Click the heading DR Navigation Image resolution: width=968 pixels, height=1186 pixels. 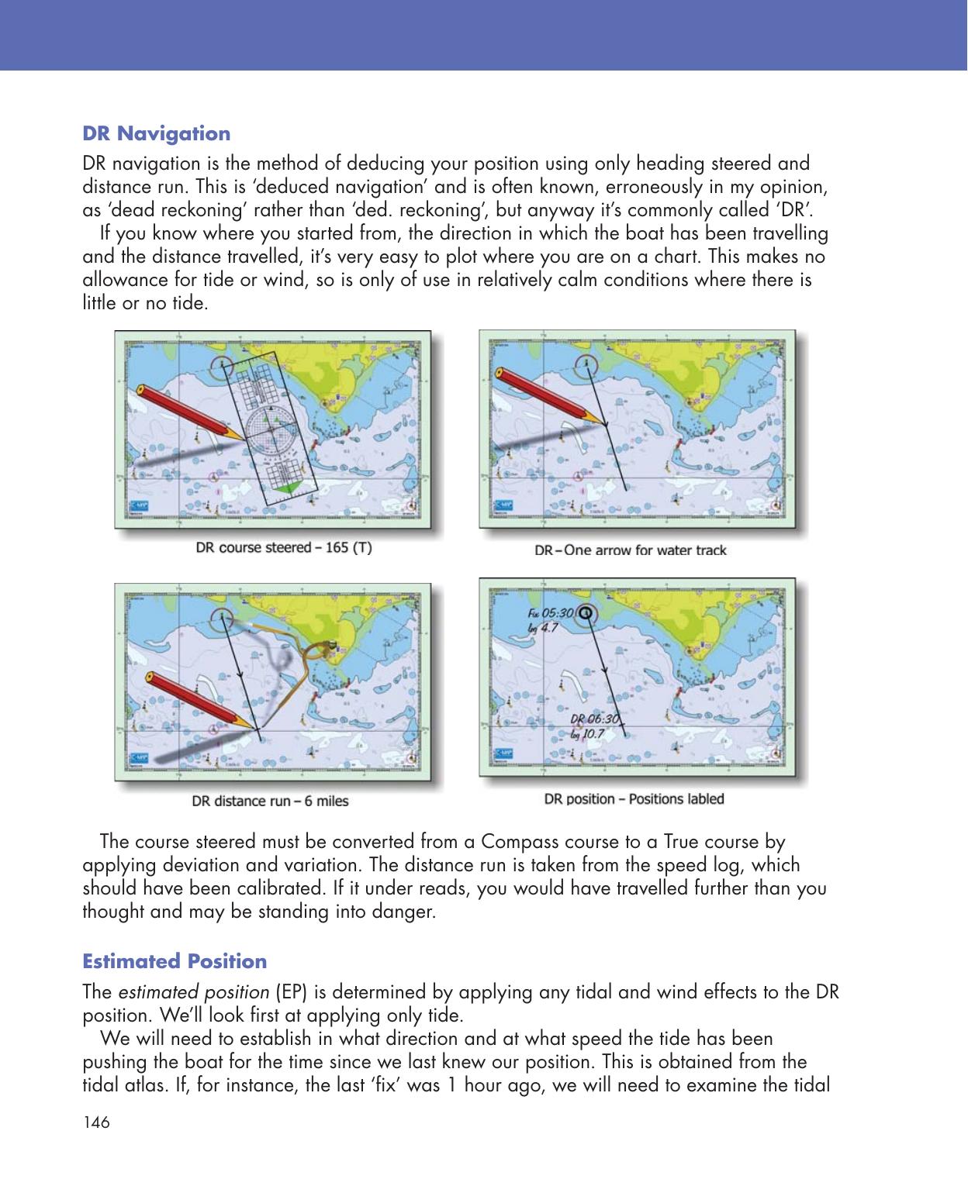point(156,133)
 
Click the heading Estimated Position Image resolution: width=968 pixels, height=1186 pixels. point(175,961)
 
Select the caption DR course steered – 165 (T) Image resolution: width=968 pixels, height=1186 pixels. point(283,548)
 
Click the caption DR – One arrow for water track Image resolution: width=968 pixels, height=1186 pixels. point(631,550)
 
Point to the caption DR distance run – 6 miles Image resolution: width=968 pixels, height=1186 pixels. point(270,801)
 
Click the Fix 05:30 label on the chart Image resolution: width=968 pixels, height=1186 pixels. point(550,612)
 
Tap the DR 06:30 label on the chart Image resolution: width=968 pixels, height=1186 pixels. point(593,719)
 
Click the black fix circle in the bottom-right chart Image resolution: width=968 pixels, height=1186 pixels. point(585,612)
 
